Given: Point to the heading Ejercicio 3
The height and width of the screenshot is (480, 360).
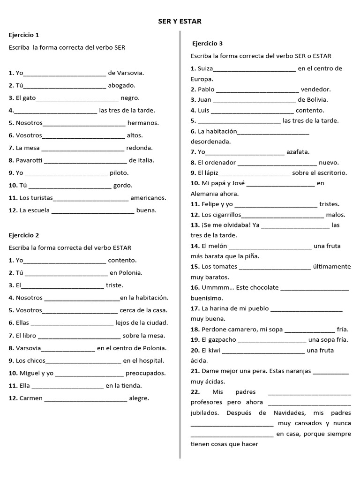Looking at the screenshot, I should point(208,44).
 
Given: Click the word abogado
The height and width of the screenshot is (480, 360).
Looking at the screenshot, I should point(121,86).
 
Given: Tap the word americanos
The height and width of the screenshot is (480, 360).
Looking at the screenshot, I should point(148,198).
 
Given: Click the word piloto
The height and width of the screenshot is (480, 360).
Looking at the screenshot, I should point(119,173).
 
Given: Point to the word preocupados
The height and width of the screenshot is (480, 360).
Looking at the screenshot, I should point(146,374).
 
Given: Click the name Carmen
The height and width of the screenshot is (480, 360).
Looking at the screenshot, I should point(31,398).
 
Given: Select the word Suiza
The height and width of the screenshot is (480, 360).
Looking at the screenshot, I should point(205,68).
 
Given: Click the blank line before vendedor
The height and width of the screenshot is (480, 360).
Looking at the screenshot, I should point(257,90).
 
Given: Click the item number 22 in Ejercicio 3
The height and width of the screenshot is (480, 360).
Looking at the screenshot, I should point(195,392).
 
